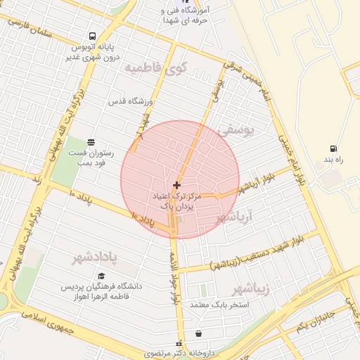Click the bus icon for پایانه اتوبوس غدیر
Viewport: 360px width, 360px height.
coord(93,37)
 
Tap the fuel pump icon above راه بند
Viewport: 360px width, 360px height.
coord(333,149)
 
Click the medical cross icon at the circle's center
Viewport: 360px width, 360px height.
coord(176,185)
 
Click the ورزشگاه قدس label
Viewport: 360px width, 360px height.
coord(127,101)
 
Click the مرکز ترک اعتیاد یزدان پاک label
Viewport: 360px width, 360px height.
coord(176,202)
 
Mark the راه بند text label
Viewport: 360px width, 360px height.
coord(333,160)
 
